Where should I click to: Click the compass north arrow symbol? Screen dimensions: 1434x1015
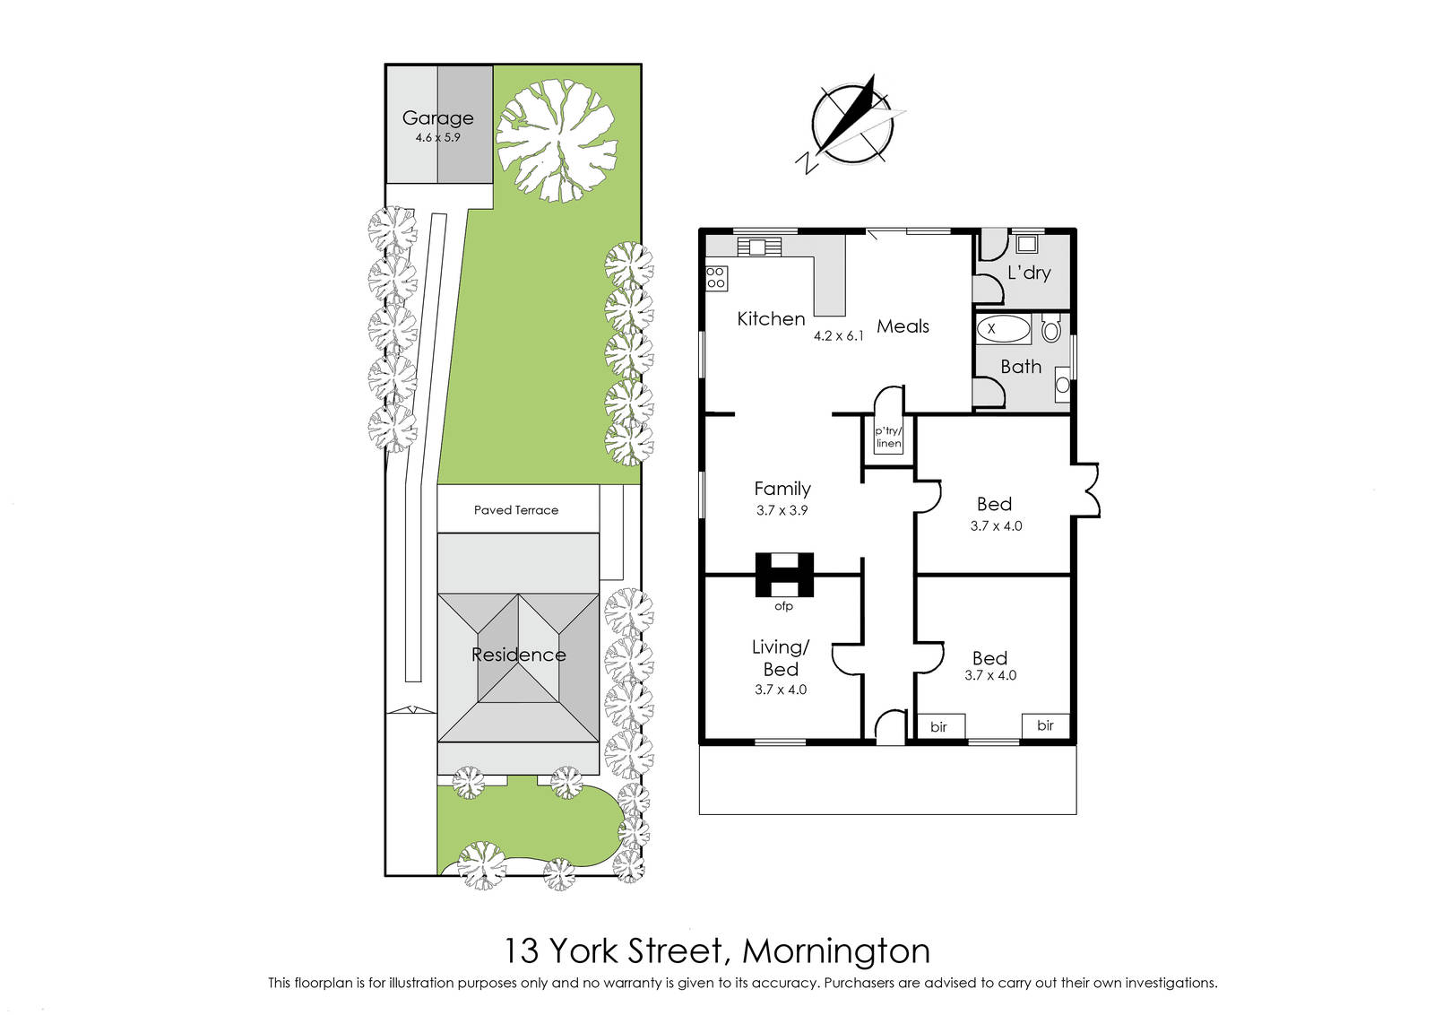pyautogui.click(x=852, y=125)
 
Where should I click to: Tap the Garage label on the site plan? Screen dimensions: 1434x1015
pyautogui.click(x=438, y=117)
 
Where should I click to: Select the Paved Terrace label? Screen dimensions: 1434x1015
pyautogui.click(x=516, y=509)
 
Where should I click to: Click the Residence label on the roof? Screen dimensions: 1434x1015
pyautogui.click(x=519, y=655)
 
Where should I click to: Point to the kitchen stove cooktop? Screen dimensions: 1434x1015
pyautogui.click(x=716, y=278)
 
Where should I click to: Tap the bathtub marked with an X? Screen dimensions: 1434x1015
pyautogui.click(x=1003, y=329)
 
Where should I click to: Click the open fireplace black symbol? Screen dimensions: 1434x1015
pyautogui.click(x=785, y=575)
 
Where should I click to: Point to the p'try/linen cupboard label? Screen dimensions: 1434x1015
pyautogui.click(x=888, y=437)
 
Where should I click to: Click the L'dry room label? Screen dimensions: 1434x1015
pyautogui.click(x=1029, y=273)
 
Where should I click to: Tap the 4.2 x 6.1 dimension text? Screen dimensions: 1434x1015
pyautogui.click(x=839, y=335)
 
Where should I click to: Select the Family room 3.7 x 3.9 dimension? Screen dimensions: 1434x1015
pyautogui.click(x=782, y=510)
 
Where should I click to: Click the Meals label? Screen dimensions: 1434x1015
pyautogui.click(x=903, y=326)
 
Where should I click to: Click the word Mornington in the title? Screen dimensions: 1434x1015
pyautogui.click(x=836, y=951)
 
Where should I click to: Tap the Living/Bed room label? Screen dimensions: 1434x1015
pyautogui.click(x=781, y=657)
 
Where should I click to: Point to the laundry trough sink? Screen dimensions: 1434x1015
pyautogui.click(x=1027, y=244)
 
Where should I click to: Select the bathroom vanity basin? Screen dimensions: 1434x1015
pyautogui.click(x=1062, y=385)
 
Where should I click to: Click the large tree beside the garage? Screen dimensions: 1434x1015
pyautogui.click(x=557, y=140)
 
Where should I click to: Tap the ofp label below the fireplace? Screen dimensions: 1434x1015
pyautogui.click(x=783, y=606)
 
